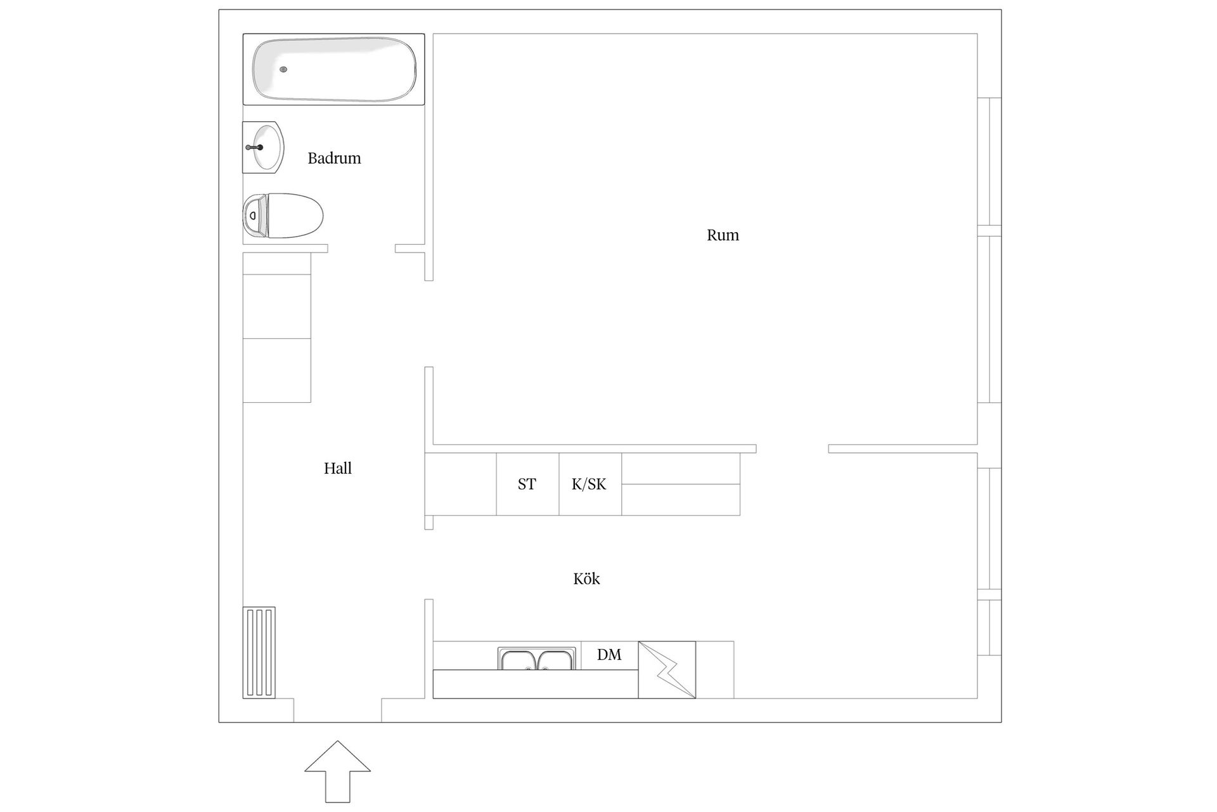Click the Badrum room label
click(x=334, y=158)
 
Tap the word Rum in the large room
click(x=723, y=235)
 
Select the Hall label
click(x=338, y=468)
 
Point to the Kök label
click(x=586, y=579)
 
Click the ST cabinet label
click(x=527, y=484)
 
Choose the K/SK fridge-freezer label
click(x=589, y=484)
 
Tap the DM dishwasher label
click(x=609, y=655)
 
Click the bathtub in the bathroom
click(x=334, y=69)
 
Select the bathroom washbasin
click(x=263, y=147)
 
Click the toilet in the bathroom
click(x=283, y=216)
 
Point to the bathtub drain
click(x=283, y=69)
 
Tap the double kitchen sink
click(x=537, y=660)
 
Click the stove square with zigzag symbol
click(x=667, y=670)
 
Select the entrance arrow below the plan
click(x=337, y=771)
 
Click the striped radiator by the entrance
click(x=259, y=653)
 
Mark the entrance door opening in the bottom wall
click(x=337, y=710)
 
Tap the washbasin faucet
click(x=255, y=147)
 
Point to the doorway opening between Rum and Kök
click(x=792, y=449)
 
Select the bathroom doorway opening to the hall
click(x=361, y=249)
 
